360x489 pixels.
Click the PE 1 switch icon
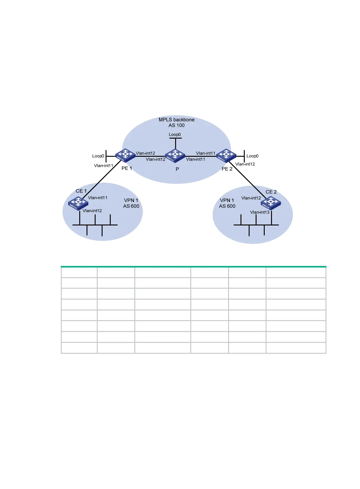pos(125,155)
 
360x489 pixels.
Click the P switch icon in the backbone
pos(175,156)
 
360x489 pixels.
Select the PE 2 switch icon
pos(226,155)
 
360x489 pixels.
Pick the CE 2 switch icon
pos(271,203)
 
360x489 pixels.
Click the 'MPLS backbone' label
pos(176,120)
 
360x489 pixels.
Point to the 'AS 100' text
pos(176,126)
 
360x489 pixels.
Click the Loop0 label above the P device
pos(175,135)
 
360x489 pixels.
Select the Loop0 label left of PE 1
pos(98,156)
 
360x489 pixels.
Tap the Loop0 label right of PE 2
pos(252,156)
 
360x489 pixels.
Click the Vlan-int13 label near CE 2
pos(260,212)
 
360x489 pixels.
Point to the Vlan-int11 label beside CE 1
pos(97,198)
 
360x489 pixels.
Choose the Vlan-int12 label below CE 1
pos(92,211)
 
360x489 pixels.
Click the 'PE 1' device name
pos(127,169)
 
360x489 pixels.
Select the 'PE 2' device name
pos(227,169)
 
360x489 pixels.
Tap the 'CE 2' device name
pos(271,192)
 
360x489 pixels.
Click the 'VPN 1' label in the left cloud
pos(131,200)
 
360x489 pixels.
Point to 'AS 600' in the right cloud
pos(227,206)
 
